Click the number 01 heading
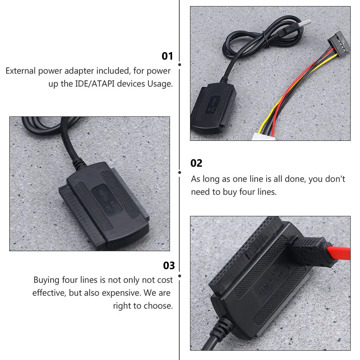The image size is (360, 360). point(167,56)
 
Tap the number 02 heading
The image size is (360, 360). point(196,163)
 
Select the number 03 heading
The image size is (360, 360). point(169,266)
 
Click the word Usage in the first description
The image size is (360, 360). point(160,84)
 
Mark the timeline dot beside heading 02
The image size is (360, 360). point(180,172)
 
